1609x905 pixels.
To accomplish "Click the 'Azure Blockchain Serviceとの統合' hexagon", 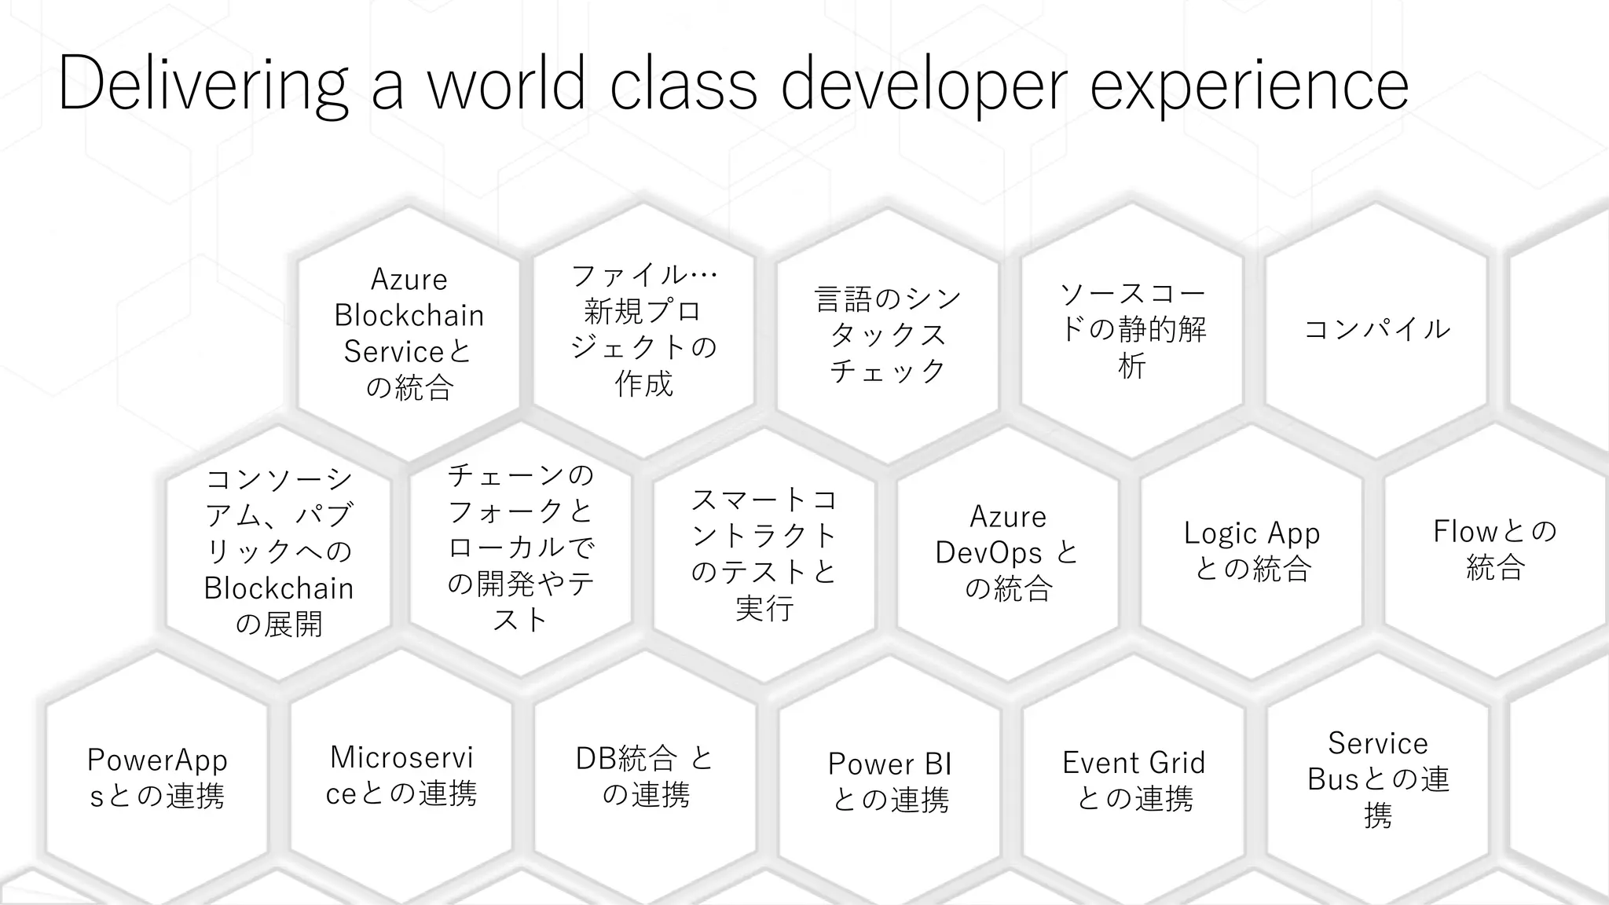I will (409, 333).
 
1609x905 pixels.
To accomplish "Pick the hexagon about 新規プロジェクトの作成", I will (643, 330).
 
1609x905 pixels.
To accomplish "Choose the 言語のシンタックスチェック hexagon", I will (888, 334).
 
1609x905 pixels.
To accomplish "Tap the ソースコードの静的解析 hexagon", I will (1132, 330).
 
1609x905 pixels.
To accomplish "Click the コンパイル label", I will (1376, 328).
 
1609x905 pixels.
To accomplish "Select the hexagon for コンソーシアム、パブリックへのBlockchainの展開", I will (279, 551).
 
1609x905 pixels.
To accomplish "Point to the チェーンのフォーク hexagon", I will (521, 548).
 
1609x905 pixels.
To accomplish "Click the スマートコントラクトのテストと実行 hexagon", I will (764, 554).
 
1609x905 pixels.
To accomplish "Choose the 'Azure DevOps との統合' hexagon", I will (1008, 552).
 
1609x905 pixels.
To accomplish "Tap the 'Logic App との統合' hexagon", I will (1252, 550).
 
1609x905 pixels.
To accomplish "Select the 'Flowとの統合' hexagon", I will (1495, 548).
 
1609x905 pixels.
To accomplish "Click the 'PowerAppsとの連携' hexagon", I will (157, 778).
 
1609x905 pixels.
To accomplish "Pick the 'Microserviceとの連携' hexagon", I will (401, 775).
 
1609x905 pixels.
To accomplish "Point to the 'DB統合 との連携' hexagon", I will (645, 776).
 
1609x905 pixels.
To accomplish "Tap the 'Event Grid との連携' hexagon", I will (1134, 779).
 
